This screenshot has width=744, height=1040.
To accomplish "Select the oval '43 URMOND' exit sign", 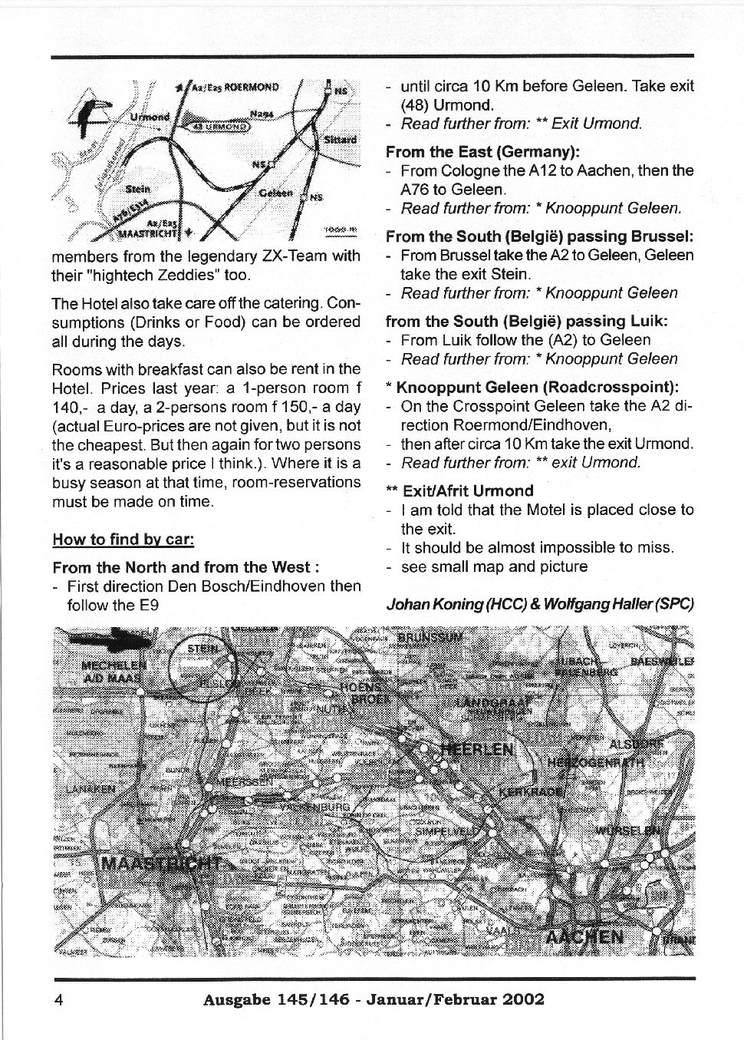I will pos(216,127).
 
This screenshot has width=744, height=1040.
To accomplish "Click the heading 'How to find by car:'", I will pos(123,539).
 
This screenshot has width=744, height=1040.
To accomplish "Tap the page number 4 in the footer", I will pos(58,999).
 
